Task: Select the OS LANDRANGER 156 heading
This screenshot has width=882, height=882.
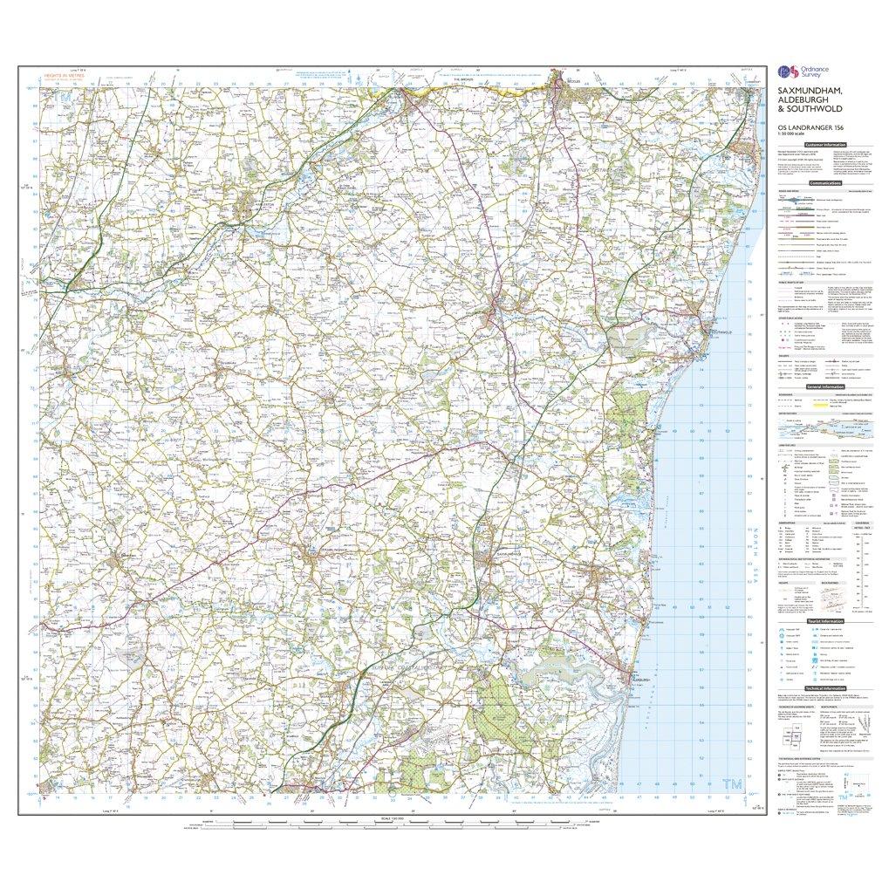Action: pyautogui.click(x=808, y=128)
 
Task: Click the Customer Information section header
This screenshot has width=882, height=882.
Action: pyautogui.click(x=824, y=144)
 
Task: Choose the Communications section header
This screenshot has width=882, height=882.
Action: pyautogui.click(x=824, y=184)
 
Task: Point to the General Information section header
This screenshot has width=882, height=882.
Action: pyautogui.click(x=824, y=386)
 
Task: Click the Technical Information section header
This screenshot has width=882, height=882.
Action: pyautogui.click(x=824, y=688)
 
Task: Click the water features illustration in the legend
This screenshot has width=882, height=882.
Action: pyautogui.click(x=824, y=427)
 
